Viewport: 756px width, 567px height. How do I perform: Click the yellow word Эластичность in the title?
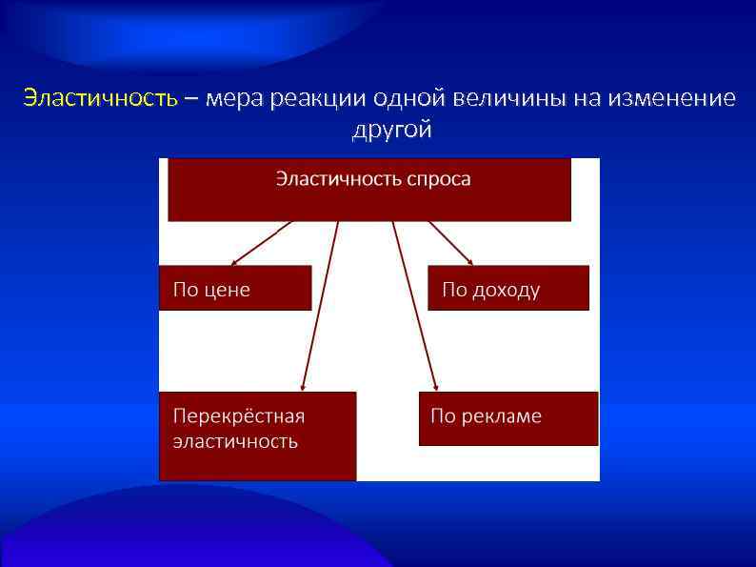100,98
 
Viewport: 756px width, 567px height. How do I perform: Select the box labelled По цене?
235,288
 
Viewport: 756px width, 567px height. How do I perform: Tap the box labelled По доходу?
508,288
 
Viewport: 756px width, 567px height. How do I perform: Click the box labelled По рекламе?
508,418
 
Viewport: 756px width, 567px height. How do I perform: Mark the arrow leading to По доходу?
450,242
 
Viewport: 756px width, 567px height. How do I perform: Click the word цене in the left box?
227,290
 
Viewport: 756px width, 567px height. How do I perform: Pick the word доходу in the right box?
506,290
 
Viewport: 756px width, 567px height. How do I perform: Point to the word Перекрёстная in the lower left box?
238,416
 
